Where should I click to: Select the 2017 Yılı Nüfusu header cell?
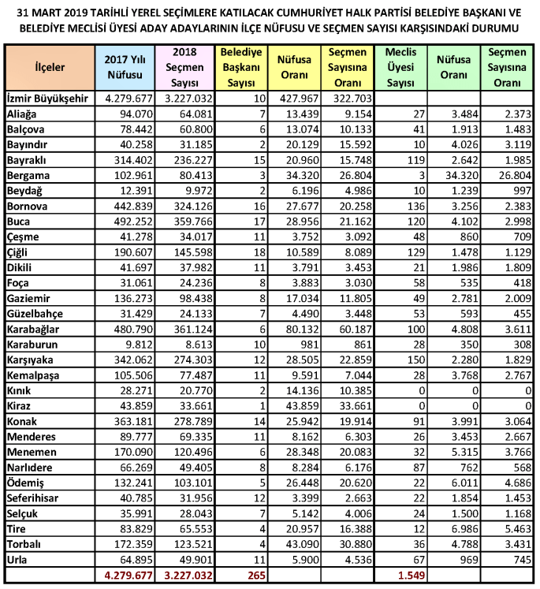coord(124,69)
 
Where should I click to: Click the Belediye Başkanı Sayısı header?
coord(241,69)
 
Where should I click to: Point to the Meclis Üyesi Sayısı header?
coord(401,69)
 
